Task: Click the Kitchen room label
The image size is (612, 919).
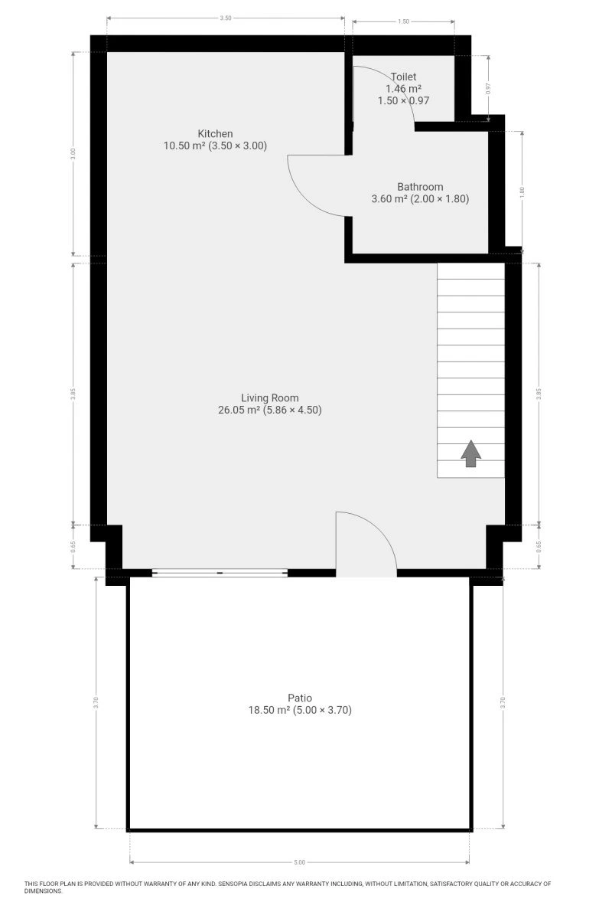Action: click(215, 134)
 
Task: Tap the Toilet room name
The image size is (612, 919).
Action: click(403, 77)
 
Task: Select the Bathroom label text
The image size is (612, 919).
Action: click(420, 187)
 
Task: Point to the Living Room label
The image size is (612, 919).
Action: click(270, 398)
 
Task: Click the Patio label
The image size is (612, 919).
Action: click(300, 698)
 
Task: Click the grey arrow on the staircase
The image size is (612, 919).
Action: click(471, 453)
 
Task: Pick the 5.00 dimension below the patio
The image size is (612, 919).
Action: click(300, 862)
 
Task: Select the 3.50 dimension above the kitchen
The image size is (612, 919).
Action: click(226, 18)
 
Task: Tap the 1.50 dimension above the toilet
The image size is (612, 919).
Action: click(403, 21)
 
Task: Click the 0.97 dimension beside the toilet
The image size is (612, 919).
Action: click(488, 89)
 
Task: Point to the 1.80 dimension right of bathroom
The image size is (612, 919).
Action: click(522, 191)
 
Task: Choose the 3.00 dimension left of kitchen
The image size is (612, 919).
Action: click(73, 153)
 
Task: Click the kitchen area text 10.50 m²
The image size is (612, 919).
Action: click(184, 146)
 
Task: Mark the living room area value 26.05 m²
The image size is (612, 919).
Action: click(239, 410)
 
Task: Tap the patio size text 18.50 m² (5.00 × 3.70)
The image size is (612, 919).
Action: click(300, 710)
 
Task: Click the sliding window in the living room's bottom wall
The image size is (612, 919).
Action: click(220, 572)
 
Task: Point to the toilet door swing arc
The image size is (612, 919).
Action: click(396, 82)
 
